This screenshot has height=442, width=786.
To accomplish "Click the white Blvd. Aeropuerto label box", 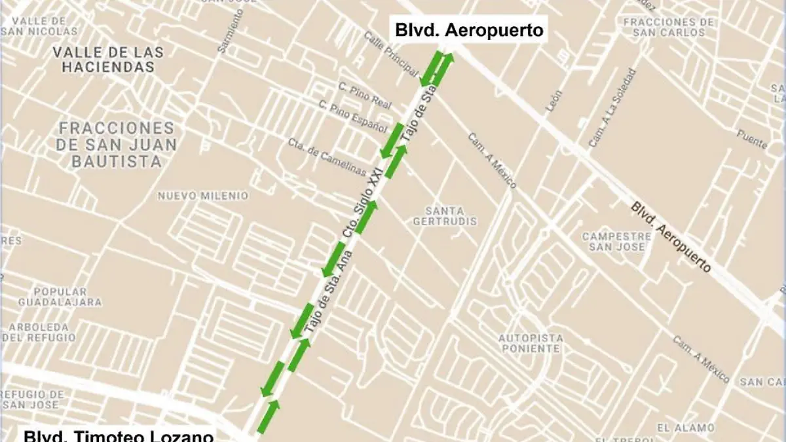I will click(x=469, y=30).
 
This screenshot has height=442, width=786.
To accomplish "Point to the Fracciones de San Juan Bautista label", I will click(x=117, y=145).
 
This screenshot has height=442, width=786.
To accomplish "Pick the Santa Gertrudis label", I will click(x=445, y=216).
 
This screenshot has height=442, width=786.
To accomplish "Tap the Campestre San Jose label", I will click(x=616, y=241).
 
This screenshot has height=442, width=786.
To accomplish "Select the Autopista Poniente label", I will click(x=530, y=343).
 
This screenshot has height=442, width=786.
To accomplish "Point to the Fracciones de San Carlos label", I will click(x=669, y=27).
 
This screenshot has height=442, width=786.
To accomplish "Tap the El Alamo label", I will click(x=686, y=428).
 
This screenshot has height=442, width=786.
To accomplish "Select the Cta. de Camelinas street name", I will click(x=327, y=157).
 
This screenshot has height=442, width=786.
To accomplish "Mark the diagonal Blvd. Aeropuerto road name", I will click(x=671, y=237).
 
